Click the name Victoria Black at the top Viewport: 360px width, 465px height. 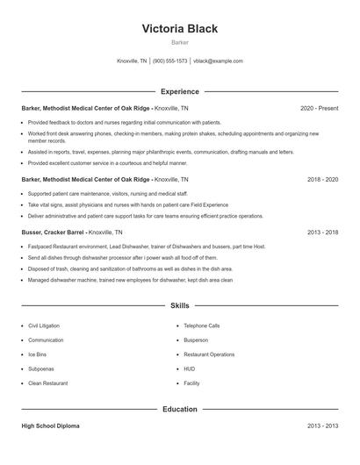(x=180, y=28)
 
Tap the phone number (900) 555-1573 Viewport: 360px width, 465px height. (x=169, y=61)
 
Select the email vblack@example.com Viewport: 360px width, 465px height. (x=218, y=61)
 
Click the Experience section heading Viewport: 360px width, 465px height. (x=180, y=91)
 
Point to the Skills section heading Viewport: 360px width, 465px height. (x=180, y=305)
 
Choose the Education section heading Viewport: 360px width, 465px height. (x=180, y=409)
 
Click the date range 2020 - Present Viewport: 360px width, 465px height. (x=319, y=108)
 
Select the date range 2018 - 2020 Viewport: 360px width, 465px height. (x=322, y=179)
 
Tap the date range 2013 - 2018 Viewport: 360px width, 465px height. (x=322, y=232)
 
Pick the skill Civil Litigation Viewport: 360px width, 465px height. (x=44, y=325)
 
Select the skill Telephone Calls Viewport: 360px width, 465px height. (x=202, y=325)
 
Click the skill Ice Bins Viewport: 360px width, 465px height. (x=38, y=354)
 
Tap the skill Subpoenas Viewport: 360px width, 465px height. (x=40, y=369)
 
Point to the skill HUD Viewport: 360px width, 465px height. (x=190, y=369)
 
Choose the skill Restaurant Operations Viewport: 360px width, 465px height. (x=209, y=354)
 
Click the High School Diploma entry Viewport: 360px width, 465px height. (x=51, y=426)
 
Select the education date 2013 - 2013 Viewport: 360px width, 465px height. (x=322, y=426)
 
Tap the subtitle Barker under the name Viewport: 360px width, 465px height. (x=180, y=42)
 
